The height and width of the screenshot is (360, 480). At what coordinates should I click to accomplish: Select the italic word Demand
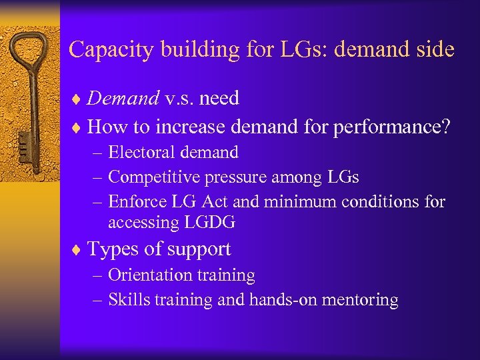tap(123, 99)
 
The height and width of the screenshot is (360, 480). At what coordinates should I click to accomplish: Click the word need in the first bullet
tap(219, 99)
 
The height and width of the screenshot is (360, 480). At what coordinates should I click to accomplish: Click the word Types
tap(113, 249)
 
